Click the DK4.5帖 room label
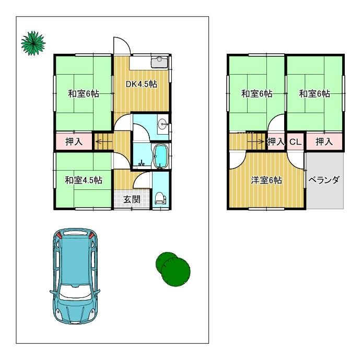141,84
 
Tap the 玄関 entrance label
132,199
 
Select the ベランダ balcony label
324,179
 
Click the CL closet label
296,142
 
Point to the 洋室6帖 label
266,180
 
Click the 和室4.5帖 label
84,180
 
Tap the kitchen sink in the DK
159,62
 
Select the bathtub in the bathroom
160,157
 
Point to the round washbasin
164,124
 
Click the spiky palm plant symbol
33,43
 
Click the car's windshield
75,292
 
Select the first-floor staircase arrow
103,141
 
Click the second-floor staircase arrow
256,141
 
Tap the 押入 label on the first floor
74,141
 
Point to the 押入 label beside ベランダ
324,141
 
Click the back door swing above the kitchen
122,46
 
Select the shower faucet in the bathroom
141,163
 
